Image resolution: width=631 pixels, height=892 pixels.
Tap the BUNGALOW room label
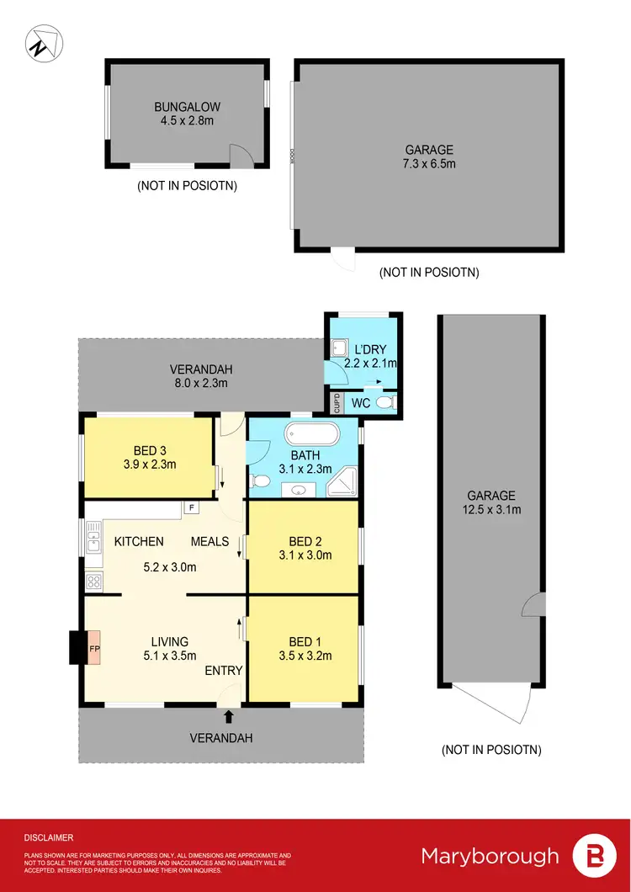[186, 107]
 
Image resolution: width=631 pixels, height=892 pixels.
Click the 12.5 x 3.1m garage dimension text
[492, 510]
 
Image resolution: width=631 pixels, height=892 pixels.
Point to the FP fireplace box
[93, 649]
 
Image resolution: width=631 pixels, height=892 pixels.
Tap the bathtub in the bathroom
[311, 435]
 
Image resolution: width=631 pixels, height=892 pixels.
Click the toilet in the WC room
[385, 403]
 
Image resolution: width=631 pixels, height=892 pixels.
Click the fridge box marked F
[191, 507]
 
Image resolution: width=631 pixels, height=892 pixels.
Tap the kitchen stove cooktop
[94, 580]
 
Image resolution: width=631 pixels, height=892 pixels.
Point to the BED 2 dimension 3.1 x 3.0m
[304, 555]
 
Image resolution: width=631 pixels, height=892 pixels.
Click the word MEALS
[209, 541]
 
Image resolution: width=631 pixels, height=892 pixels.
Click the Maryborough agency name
[490, 856]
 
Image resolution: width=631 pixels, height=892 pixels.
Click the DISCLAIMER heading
[48, 837]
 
